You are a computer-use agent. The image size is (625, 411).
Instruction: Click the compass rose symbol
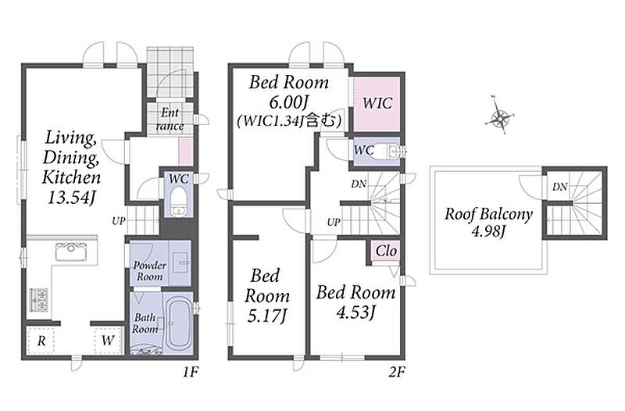[x=500, y=116]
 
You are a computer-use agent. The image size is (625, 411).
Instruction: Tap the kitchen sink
[x=71, y=252]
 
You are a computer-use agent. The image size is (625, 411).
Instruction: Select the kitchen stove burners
[x=38, y=300]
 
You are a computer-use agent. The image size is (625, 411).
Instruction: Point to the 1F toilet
[x=179, y=202]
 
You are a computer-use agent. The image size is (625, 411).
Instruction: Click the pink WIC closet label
[x=377, y=103]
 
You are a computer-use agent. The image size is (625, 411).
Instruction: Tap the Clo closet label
[x=386, y=251]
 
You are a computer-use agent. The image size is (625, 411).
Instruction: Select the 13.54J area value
[x=72, y=198]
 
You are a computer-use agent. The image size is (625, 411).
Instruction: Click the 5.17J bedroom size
[x=266, y=316]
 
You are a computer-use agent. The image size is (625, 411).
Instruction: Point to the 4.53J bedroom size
[x=355, y=313]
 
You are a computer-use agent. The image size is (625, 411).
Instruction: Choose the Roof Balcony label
[x=489, y=214]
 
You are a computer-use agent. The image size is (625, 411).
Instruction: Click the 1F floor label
[x=191, y=373]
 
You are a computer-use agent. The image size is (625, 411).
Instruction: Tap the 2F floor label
[x=397, y=373]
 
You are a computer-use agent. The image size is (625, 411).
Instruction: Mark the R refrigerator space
[x=41, y=341]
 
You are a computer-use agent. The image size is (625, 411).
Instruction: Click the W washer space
[x=108, y=341]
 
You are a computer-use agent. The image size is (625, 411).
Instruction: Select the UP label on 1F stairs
[x=119, y=221]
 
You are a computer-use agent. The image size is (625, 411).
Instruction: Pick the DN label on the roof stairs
[x=560, y=187]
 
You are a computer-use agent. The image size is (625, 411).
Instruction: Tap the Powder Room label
[x=149, y=270]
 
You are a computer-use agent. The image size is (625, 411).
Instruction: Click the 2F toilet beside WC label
[x=388, y=152]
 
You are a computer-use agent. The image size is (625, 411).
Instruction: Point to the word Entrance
[x=170, y=120]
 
